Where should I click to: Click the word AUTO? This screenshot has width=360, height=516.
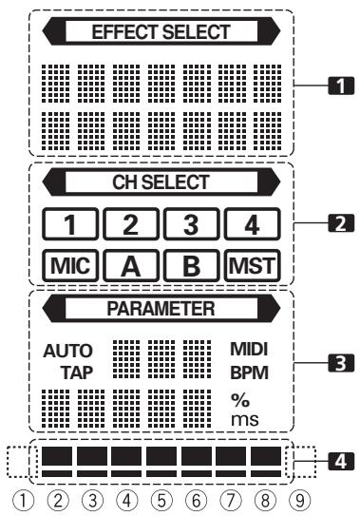point(63,350)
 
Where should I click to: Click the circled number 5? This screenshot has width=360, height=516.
point(161,496)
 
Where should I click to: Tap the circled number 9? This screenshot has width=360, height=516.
point(301,496)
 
